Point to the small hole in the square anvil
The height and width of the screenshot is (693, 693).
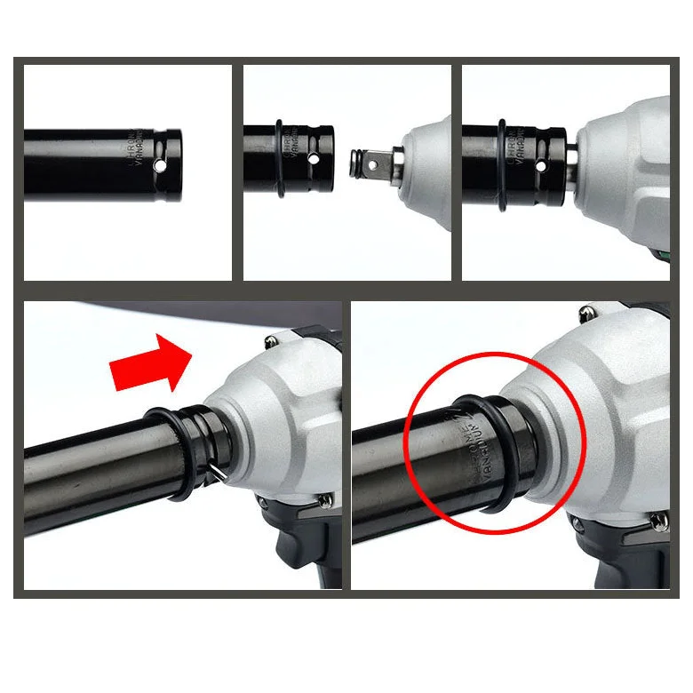[x=359, y=163]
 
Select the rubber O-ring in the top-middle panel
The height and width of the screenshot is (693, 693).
[x=280, y=160]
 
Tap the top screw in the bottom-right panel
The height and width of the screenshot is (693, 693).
[x=586, y=313]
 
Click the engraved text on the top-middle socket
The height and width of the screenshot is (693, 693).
[x=295, y=149]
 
